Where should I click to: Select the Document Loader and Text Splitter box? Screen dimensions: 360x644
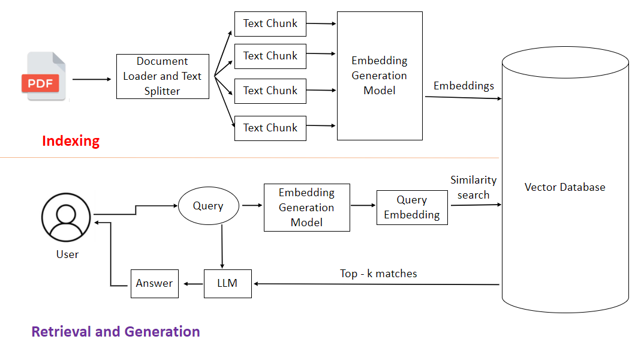click(x=162, y=76)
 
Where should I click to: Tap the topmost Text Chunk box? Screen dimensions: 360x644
click(x=270, y=23)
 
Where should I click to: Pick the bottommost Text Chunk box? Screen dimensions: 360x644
click(x=270, y=128)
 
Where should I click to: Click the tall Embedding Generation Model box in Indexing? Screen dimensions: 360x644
click(x=380, y=76)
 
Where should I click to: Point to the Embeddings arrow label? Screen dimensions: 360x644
click(x=464, y=86)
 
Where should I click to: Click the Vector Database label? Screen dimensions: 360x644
click(x=565, y=187)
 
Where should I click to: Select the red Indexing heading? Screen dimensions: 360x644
click(x=71, y=141)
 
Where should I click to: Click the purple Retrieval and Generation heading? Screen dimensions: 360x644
click(x=116, y=332)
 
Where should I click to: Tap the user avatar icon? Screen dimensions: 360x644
click(x=66, y=217)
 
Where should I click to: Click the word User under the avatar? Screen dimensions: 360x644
click(x=67, y=254)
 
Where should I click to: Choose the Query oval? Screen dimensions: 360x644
click(x=208, y=206)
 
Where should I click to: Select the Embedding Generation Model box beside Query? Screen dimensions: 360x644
click(x=306, y=208)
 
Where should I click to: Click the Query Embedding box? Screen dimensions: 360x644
click(x=412, y=208)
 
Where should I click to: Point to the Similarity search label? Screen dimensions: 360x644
click(x=473, y=187)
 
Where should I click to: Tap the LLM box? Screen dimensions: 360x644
click(x=228, y=283)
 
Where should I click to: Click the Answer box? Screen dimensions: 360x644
click(x=155, y=283)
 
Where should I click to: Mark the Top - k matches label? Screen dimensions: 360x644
click(x=378, y=274)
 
